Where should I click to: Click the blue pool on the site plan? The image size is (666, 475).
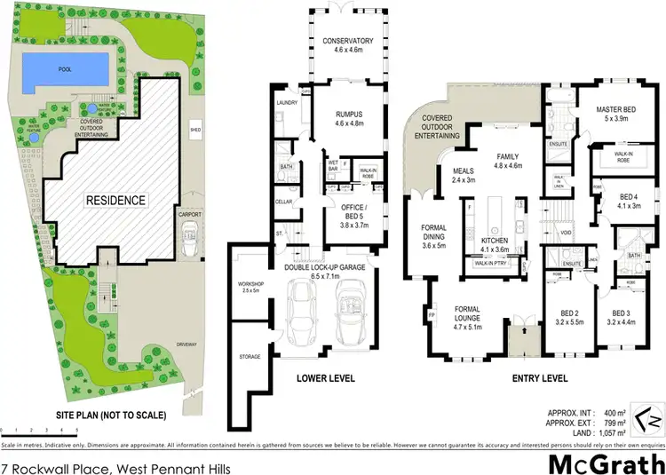(x=66, y=67)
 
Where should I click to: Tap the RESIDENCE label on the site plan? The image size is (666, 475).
(x=115, y=200)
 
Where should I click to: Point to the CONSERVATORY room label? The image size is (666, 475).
(x=348, y=42)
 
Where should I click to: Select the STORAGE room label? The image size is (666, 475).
(x=250, y=357)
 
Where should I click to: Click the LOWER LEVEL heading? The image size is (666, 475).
(x=327, y=379)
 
